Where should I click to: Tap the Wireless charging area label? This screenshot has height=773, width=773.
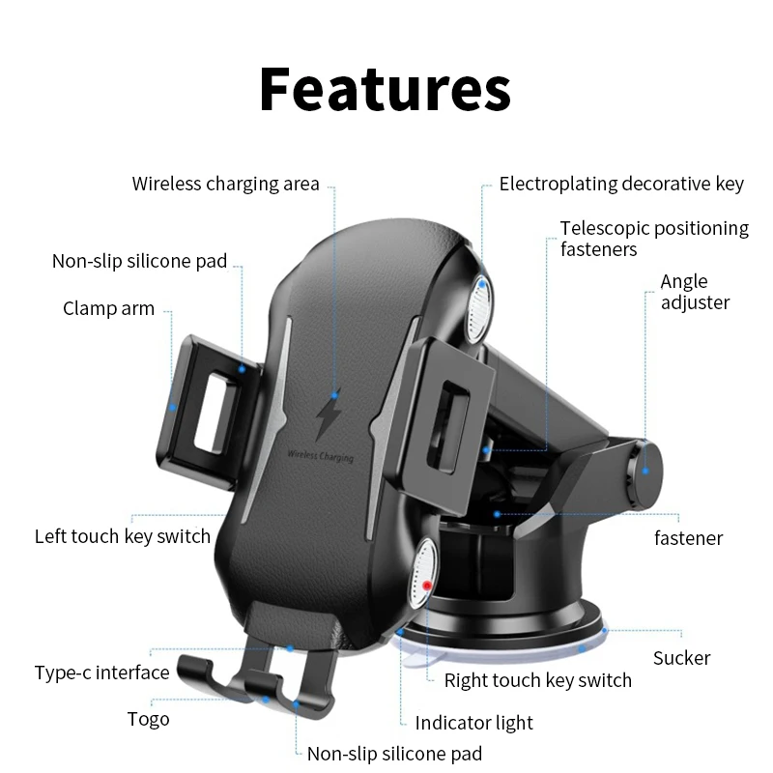[225, 184]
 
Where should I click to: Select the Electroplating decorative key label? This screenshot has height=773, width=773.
[621, 184]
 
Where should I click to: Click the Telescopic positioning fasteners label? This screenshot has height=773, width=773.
[654, 239]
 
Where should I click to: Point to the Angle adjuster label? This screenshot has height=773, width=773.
[695, 292]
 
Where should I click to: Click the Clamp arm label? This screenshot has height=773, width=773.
[108, 309]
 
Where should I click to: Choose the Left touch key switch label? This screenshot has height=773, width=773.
[123, 536]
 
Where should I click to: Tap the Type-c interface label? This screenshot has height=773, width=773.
[101, 673]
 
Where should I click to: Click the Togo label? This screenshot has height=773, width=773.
[148, 719]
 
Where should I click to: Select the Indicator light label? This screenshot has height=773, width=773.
[473, 723]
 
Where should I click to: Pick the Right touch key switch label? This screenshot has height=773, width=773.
[537, 680]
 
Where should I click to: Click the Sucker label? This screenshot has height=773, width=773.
[681, 658]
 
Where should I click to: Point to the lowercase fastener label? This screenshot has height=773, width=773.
[688, 538]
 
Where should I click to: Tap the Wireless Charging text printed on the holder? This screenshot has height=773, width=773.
[320, 454]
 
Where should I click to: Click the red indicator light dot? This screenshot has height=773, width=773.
[426, 586]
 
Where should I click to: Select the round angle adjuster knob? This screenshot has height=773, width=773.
[645, 470]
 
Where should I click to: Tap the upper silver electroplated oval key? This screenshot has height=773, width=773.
[477, 307]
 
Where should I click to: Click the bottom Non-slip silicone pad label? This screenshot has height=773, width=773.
[394, 754]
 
